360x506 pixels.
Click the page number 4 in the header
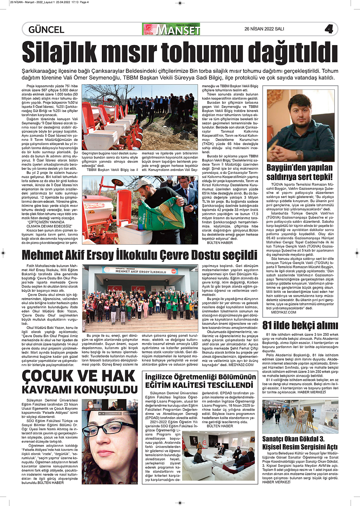(329, 29)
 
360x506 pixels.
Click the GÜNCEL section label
(46, 30)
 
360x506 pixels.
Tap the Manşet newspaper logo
(172, 30)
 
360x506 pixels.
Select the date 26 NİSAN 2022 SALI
(264, 29)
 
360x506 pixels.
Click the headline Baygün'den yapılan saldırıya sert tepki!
(299, 172)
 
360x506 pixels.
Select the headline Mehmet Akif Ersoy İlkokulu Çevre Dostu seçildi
(139, 255)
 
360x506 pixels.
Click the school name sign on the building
(140, 271)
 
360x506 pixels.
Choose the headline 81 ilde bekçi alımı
(300, 325)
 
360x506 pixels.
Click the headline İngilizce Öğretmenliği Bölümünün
(200, 377)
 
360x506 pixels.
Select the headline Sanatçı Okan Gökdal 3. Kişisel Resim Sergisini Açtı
(300, 443)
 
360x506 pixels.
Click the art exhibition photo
(300, 416)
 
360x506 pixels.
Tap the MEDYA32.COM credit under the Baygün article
(284, 312)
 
